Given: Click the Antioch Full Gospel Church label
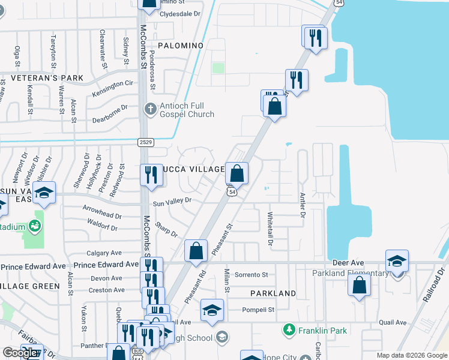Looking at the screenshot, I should pyautogui.click(x=187, y=110).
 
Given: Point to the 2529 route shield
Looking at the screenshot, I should pyautogui.click(x=145, y=142).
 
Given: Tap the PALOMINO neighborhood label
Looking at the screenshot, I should pyautogui.click(x=181, y=46).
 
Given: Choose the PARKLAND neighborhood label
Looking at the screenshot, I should pyautogui.click(x=273, y=293).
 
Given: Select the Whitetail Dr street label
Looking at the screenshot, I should pyautogui.click(x=270, y=230).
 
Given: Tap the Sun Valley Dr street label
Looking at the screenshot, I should pyautogui.click(x=172, y=202).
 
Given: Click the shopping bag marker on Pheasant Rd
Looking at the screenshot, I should pyautogui.click(x=196, y=251).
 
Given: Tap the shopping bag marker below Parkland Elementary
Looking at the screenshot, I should pyautogui.click(x=359, y=284).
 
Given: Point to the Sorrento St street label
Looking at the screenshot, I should pyautogui.click(x=251, y=275).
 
